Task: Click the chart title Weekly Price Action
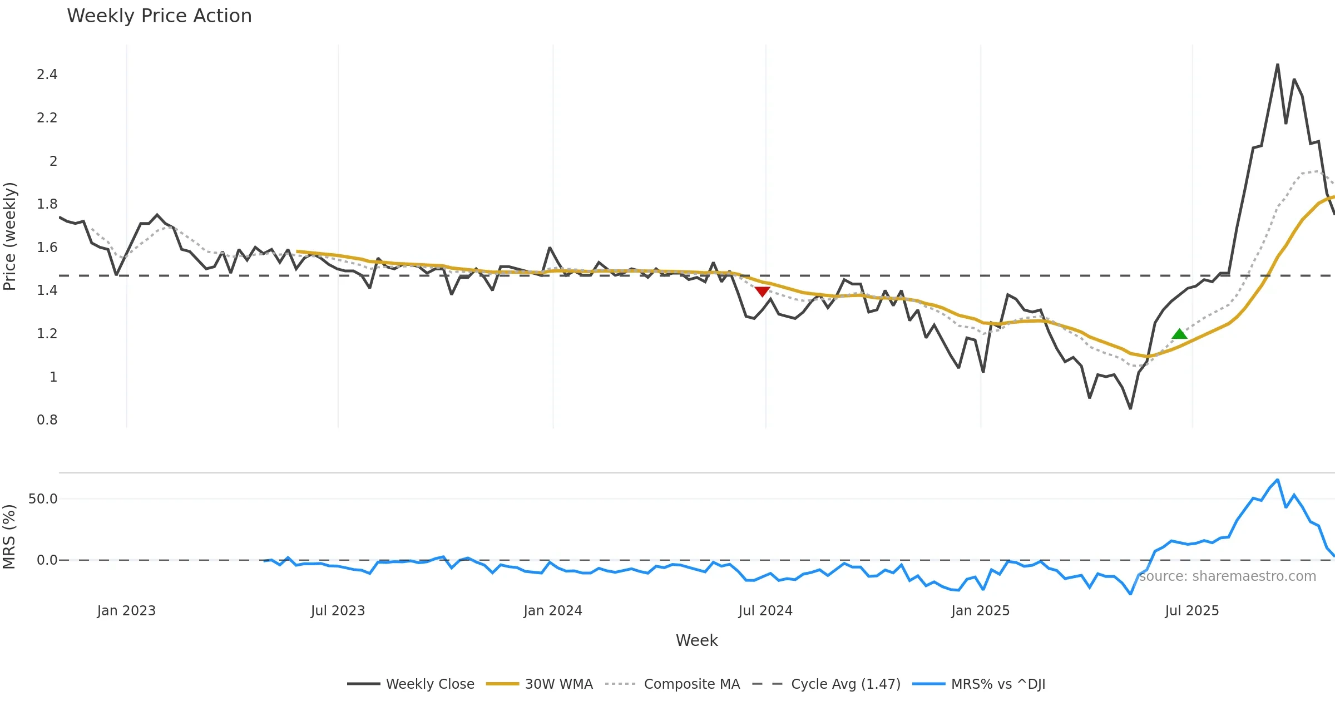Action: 159,16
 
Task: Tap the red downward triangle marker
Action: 762,292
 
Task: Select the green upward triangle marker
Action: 1179,334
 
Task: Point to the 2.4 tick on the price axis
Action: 47,75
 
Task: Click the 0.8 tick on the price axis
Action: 47,420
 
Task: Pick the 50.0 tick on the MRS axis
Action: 43,499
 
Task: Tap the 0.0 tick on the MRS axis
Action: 47,560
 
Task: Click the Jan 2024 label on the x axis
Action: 552,611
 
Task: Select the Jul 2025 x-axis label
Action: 1191,611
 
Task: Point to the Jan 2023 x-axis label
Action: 126,611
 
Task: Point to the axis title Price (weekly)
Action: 10,236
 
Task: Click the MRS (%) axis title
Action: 10,537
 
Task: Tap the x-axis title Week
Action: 696,641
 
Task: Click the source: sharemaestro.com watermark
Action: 1227,576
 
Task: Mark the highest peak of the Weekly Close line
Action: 1278,65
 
